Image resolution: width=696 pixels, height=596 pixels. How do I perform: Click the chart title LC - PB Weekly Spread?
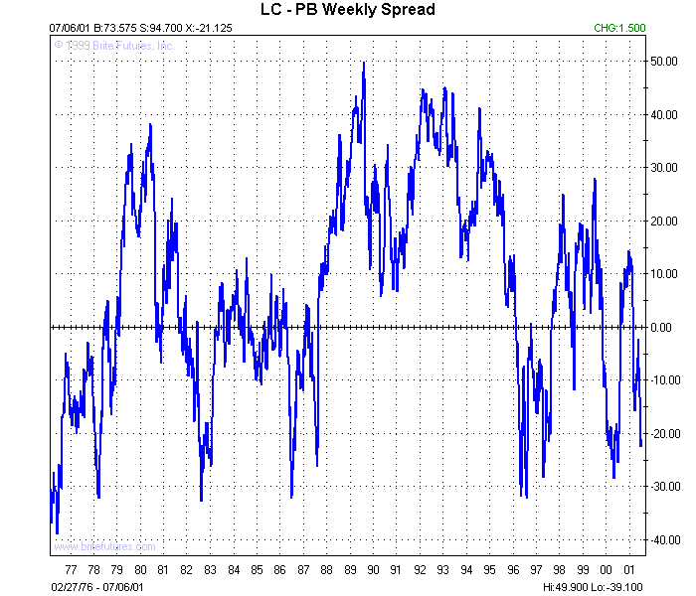tap(341, 10)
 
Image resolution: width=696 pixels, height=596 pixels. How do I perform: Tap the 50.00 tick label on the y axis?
tap(664, 62)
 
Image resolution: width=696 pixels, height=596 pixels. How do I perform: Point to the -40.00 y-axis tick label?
tap(663, 539)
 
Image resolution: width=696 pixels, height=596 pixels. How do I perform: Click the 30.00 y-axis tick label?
tap(664, 168)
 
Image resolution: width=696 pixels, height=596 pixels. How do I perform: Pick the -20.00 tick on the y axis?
tap(663, 433)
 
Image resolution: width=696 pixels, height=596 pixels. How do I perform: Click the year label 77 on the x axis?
tap(70, 570)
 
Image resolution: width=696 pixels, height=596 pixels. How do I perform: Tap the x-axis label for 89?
tap(350, 570)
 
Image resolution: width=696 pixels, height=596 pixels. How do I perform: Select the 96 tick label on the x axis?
tap(513, 570)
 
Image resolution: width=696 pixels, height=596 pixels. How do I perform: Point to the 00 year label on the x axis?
tap(607, 570)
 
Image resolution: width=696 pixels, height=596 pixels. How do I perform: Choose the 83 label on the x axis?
tap(210, 570)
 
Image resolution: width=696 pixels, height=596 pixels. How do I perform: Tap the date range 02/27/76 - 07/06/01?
tap(96, 586)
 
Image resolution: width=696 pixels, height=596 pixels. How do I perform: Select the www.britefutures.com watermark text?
tap(104, 546)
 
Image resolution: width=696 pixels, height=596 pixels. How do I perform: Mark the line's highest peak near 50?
tap(364, 63)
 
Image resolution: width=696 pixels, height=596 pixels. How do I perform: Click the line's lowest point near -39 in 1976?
tap(57, 533)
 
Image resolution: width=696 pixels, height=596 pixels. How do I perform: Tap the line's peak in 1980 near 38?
tap(150, 124)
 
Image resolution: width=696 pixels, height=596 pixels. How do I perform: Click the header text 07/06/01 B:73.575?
tap(93, 29)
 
